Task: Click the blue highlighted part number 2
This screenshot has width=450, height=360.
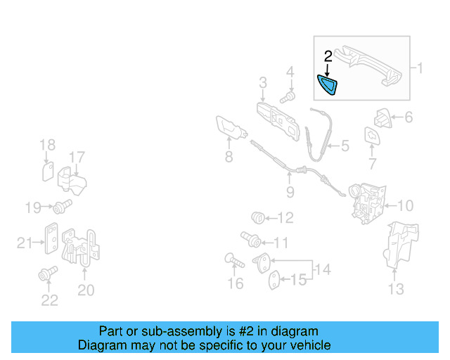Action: click(328, 86)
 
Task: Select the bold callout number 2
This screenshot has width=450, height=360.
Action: click(328, 56)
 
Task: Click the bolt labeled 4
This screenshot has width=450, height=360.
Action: click(287, 96)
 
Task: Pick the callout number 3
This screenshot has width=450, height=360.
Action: click(262, 84)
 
